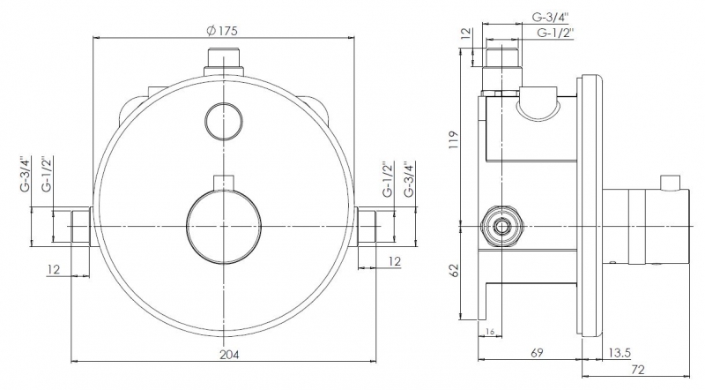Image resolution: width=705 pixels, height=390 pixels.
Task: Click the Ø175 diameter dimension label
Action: pos(222,31)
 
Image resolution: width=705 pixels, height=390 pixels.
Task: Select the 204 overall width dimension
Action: pos(229,355)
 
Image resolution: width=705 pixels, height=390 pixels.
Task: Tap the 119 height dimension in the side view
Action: pos(453,139)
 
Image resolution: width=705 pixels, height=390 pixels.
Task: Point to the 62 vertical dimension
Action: pos(454,270)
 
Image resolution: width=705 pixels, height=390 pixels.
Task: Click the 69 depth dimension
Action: pos(537,352)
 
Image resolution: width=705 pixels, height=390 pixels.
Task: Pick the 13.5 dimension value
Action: pos(620,353)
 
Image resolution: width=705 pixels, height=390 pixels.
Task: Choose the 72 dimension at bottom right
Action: pos(638,370)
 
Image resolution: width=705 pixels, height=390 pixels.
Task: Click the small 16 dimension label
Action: pos(490,332)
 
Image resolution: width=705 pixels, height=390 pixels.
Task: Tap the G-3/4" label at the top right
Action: pos(550,18)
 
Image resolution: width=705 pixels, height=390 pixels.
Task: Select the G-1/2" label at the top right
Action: pos(555,33)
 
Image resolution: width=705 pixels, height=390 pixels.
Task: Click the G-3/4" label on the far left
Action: pos(26,175)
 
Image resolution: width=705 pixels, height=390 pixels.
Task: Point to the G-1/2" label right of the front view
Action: pos(388,179)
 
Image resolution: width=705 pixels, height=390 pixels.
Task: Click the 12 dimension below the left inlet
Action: pos(54,269)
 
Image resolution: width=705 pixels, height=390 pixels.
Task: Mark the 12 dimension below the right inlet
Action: pos(394,261)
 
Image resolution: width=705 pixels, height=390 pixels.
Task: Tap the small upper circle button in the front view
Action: pos(224,122)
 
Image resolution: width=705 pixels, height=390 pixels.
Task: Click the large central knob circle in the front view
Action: pos(224,226)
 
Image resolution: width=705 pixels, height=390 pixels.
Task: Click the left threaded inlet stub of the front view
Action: pos(81,227)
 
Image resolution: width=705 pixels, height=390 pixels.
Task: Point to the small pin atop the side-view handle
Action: pos(670,183)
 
